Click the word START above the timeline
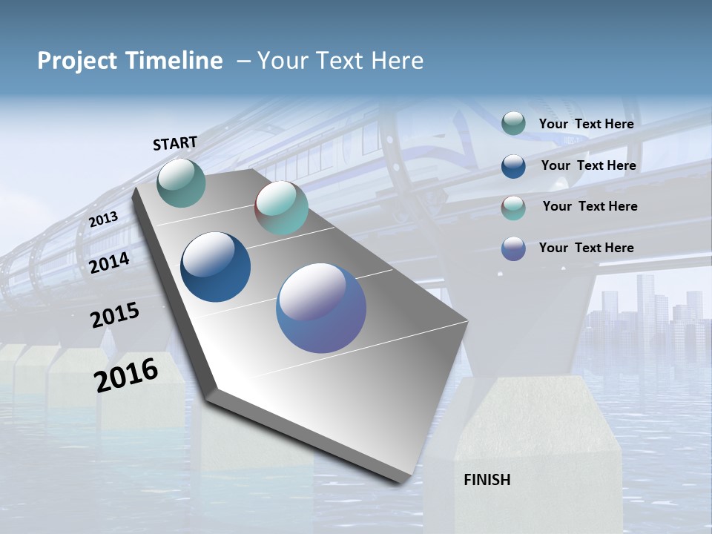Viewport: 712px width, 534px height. (175, 143)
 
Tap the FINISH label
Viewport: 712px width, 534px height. (487, 480)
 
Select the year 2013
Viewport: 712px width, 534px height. (103, 219)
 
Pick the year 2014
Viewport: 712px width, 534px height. (109, 263)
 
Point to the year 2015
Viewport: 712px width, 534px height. (114, 315)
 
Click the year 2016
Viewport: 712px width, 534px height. (126, 375)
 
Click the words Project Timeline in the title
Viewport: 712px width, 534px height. (130, 61)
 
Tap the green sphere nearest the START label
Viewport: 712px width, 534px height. (181, 182)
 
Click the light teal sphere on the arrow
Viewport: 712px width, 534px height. (281, 208)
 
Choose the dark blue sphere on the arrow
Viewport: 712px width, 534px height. (215, 267)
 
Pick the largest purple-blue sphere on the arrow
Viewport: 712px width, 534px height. (321, 308)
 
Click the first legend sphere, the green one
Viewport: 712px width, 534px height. (513, 123)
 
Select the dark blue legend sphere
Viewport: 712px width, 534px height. (513, 165)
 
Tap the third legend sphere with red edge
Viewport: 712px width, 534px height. (513, 208)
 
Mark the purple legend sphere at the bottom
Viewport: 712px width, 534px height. (513, 248)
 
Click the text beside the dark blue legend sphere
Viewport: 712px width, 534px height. (588, 165)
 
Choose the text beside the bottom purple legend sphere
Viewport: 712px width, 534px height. (586, 248)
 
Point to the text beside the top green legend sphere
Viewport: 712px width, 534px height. (586, 124)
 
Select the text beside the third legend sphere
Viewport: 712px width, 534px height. (590, 206)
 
